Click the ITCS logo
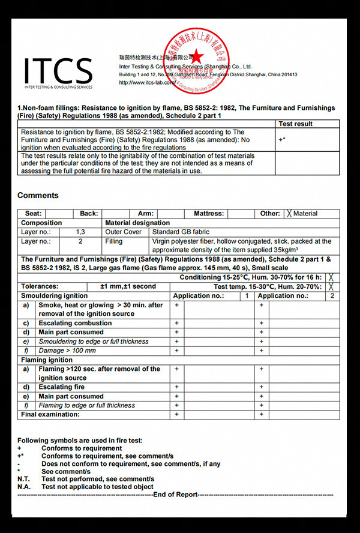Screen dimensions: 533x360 (58, 73)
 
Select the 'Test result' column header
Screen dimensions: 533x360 (296, 124)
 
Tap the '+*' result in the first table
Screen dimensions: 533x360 (281, 139)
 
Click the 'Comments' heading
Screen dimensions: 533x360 (38, 195)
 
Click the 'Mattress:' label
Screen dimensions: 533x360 (208, 214)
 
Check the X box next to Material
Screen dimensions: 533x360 (289, 214)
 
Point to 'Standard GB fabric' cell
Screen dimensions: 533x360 (181, 232)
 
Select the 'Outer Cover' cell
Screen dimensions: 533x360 (123, 232)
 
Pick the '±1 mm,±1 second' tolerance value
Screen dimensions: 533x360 (128, 287)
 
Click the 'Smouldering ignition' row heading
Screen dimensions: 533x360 (54, 296)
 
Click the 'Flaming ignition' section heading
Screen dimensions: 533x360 (48, 360)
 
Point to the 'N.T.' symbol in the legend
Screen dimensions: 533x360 (24, 479)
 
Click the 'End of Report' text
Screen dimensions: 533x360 (175, 495)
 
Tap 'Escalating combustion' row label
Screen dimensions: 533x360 (75, 323)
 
